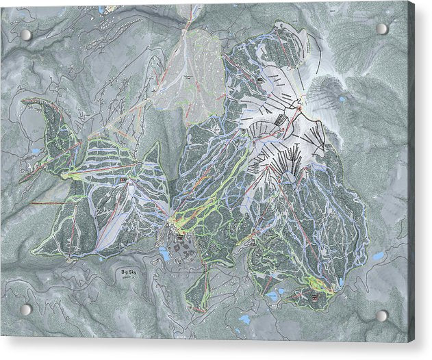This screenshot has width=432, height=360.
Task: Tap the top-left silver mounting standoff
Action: pyautogui.click(x=26, y=35)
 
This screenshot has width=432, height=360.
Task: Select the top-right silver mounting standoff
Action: pyautogui.click(x=382, y=29)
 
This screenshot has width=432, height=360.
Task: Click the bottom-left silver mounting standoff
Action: pyautogui.click(x=25, y=309)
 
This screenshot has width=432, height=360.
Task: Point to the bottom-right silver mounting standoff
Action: pyautogui.click(x=382, y=316)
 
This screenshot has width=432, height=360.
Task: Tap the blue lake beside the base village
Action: pyautogui.click(x=165, y=255)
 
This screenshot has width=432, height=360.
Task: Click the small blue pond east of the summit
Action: pyautogui.click(x=342, y=99)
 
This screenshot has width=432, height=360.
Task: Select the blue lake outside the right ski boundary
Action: pyautogui.click(x=378, y=256)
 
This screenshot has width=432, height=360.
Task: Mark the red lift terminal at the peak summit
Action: pyautogui.click(x=299, y=107)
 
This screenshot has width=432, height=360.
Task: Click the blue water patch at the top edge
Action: pyautogui.click(x=102, y=10)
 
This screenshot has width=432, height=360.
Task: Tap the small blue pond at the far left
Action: pyautogui.click(x=35, y=151)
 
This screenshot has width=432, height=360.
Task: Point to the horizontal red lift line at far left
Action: pyautogui.click(x=48, y=203)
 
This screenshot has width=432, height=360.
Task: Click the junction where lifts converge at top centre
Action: pyautogui.click(x=187, y=26)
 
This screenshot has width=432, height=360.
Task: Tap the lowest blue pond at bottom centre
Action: pyautogui.click(x=244, y=319)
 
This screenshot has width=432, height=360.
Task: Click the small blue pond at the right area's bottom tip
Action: pyautogui.click(x=340, y=281)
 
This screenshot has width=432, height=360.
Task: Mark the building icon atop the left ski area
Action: pyautogui.click(x=123, y=180)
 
